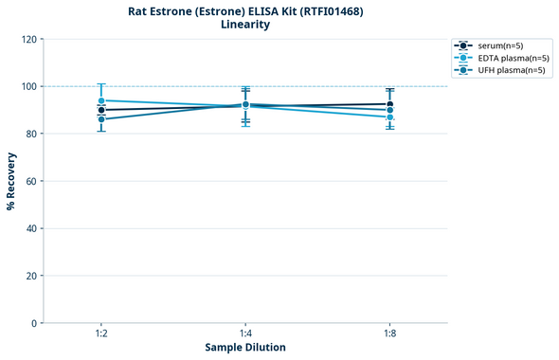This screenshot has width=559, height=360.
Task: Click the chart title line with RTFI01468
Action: pyautogui.click(x=245, y=10)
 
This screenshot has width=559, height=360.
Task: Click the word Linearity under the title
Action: pyautogui.click(x=245, y=25)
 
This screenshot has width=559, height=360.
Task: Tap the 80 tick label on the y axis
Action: pyautogui.click(x=30, y=134)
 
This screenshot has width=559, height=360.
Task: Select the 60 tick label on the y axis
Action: pyautogui.click(x=30, y=181)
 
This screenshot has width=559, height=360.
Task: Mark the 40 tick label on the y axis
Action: pyautogui.click(x=30, y=228)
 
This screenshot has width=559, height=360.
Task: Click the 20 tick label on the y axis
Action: pyautogui.click(x=30, y=276)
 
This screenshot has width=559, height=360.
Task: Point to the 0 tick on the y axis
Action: pyautogui.click(x=33, y=323)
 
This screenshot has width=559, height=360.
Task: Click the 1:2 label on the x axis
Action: pyautogui.click(x=101, y=334)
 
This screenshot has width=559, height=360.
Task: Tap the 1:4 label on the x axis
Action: pyautogui.click(x=245, y=334)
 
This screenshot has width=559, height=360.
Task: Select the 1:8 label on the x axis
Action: pyautogui.click(x=389, y=334)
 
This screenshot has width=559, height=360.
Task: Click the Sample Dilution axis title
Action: pyautogui.click(x=245, y=348)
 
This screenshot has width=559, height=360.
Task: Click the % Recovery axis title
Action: pyautogui.click(x=11, y=180)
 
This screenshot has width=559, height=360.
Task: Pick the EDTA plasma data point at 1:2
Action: pyautogui.click(x=101, y=100)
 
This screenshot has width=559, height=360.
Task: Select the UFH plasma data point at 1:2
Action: pyautogui.click(x=101, y=119)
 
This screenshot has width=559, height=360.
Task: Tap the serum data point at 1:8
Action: pyautogui.click(x=389, y=104)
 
